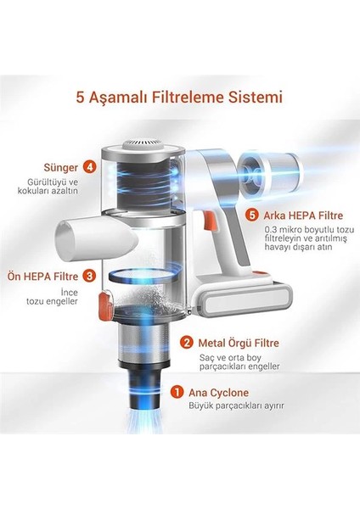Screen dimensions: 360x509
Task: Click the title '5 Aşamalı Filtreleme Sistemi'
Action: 179,98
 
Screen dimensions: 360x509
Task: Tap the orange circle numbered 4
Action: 89,167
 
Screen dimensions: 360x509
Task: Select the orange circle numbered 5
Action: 252,215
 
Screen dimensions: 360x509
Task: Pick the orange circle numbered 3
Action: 89,277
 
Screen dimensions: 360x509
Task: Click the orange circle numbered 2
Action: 187,343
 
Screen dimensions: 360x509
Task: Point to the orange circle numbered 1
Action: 177,392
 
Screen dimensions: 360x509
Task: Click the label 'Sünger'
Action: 61,167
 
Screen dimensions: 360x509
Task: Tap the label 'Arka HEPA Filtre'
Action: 303,215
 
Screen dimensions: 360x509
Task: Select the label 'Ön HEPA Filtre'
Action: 43,277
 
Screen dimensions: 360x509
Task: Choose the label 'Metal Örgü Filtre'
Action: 239,343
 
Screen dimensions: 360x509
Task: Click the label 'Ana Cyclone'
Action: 218,393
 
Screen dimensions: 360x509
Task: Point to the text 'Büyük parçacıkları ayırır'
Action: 236,406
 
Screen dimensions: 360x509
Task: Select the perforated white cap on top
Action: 143,145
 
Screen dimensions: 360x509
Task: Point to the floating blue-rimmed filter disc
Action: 143,277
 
